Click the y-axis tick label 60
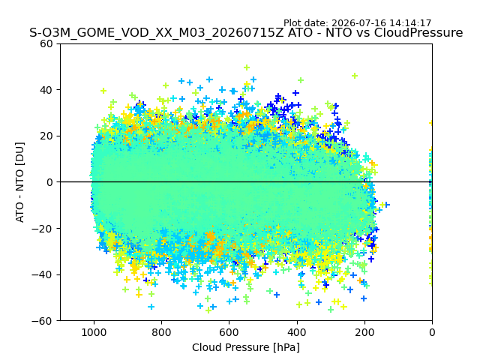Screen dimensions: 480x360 46,43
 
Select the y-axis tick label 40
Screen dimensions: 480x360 46,90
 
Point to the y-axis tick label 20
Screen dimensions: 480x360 46,136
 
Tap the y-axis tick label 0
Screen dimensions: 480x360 49,182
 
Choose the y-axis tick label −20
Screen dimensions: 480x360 42,229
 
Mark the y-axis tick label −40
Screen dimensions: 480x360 42,275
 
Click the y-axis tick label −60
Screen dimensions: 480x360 42,321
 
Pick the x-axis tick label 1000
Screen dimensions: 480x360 94,332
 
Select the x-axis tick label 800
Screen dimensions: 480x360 162,332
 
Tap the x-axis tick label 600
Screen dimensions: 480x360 229,332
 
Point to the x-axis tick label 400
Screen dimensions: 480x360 297,332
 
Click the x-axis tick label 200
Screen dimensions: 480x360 364,332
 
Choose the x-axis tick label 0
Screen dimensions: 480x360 432,332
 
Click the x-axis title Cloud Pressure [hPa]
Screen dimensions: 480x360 246,348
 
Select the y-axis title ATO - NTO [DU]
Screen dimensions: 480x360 20,182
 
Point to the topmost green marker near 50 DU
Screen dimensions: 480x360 247,67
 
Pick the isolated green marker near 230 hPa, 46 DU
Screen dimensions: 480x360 355,76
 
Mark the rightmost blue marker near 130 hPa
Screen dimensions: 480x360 387,204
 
